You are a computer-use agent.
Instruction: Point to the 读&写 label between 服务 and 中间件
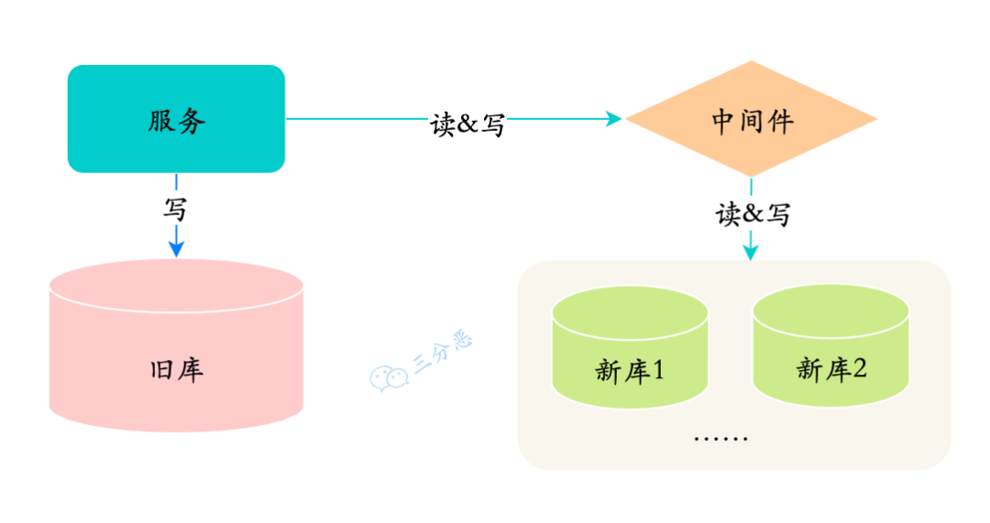tap(467, 124)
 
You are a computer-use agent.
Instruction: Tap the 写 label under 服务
tap(175, 209)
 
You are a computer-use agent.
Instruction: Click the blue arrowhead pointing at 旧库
tap(176, 247)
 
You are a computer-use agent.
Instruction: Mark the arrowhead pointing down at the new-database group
tap(751, 251)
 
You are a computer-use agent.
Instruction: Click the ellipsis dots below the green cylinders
tap(720, 438)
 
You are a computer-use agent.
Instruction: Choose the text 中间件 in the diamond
tap(752, 120)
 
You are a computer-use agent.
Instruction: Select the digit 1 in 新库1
tap(657, 371)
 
